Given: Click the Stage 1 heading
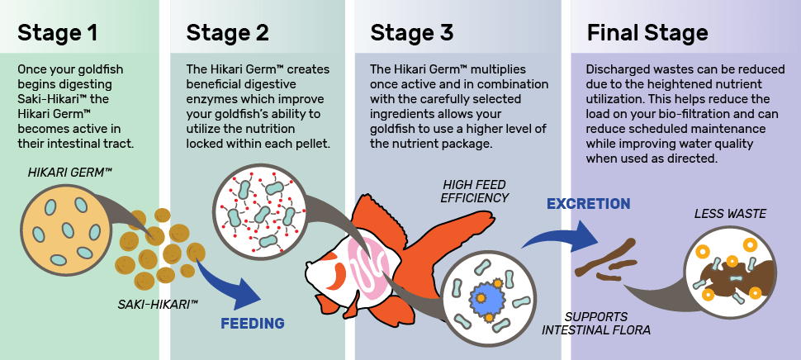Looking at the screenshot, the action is [57, 33].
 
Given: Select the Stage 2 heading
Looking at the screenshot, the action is [227, 33].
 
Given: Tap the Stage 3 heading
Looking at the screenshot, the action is [412, 33].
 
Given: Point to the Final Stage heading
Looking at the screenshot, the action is [647, 33].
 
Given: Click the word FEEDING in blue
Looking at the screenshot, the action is [253, 323].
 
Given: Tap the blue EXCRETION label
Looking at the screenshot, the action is [589, 204].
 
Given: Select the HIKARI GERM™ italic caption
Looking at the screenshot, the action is [70, 173].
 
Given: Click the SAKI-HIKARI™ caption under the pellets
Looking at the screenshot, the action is [158, 305].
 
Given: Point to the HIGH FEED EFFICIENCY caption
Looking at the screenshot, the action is [475, 191].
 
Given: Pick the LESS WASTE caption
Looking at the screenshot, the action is [730, 214].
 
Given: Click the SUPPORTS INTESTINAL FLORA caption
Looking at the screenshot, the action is [596, 323].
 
